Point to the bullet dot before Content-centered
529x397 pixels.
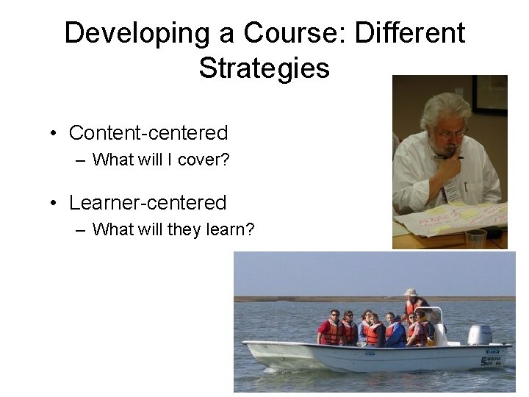tap(54, 134)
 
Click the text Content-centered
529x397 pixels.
tap(148, 133)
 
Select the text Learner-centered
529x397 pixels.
tap(147, 202)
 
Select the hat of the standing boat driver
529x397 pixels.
tap(410, 293)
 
